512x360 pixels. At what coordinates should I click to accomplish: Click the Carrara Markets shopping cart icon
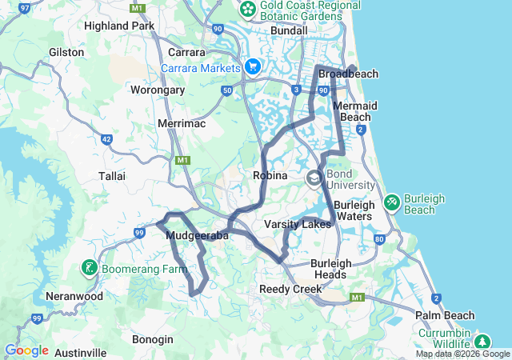(x=254, y=67)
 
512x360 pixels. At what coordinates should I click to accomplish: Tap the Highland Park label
(x=119, y=26)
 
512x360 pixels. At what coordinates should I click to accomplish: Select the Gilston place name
(x=66, y=52)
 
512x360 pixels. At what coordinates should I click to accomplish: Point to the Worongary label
(x=158, y=90)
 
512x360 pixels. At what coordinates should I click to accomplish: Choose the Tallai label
(x=112, y=175)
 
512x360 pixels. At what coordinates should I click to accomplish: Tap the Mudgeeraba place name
(x=198, y=236)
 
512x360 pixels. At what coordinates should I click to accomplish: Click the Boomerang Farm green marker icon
(x=89, y=267)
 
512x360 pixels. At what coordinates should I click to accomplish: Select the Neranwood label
(x=74, y=296)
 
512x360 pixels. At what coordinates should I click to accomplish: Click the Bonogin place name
(x=152, y=339)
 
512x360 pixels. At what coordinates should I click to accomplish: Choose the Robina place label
(x=270, y=175)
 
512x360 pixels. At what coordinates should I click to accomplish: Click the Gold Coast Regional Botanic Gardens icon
(x=248, y=9)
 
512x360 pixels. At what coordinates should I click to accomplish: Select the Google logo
(x=26, y=350)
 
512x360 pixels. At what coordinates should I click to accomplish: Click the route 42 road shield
(x=106, y=139)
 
